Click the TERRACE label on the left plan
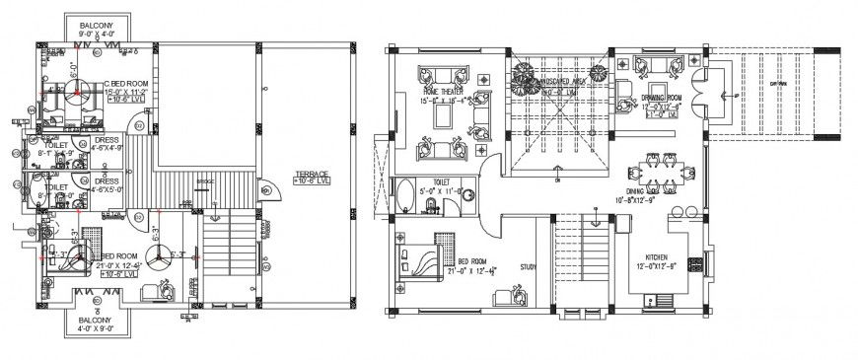pyautogui.click(x=312, y=176)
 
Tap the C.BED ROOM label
pyautogui.click(x=125, y=84)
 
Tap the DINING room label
pyautogui.click(x=642, y=192)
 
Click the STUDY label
pyautogui.click(x=529, y=265)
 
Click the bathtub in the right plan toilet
pyautogui.click(x=405, y=195)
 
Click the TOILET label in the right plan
pyautogui.click(x=441, y=182)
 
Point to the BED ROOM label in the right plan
pyautogui.click(x=474, y=261)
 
